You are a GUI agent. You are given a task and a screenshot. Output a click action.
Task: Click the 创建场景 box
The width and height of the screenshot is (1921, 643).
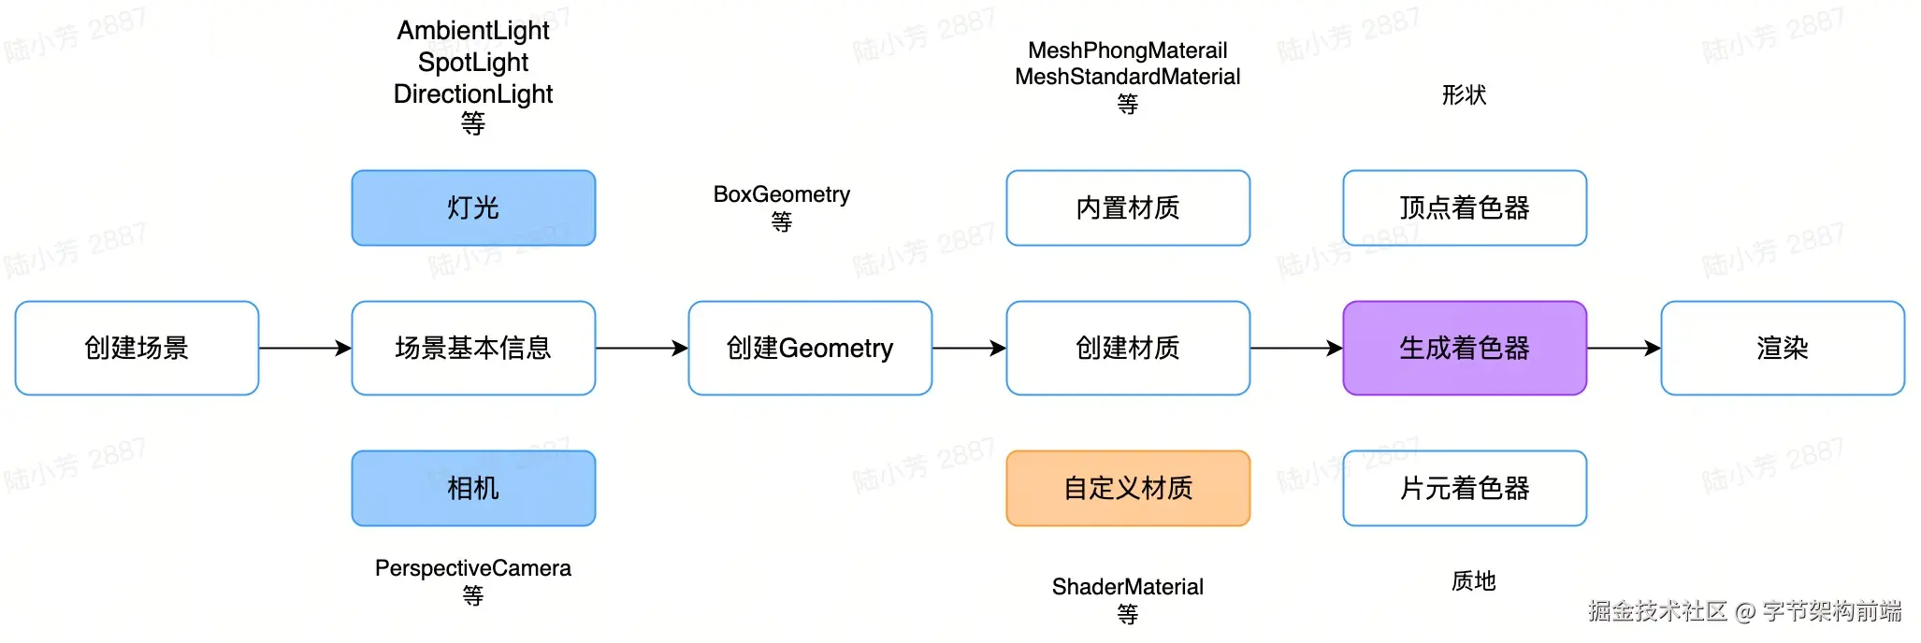pos(137,348)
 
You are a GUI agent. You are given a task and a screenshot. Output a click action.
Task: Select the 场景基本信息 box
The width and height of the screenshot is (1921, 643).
pos(473,348)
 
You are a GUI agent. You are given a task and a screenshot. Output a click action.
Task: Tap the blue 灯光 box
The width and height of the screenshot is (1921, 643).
pos(473,207)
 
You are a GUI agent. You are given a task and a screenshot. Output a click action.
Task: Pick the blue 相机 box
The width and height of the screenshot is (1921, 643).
pos(473,488)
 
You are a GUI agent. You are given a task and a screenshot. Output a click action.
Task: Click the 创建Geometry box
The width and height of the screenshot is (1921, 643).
pos(810,348)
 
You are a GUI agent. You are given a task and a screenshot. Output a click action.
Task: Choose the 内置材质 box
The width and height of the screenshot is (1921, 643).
pos(1128,207)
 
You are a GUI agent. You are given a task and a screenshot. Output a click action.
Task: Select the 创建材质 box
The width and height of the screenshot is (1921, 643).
pos(1128,348)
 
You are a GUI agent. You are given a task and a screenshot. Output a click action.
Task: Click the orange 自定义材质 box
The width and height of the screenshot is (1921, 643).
pos(1128,488)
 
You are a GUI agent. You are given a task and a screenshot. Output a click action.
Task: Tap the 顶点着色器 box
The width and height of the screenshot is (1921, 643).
pos(1465,207)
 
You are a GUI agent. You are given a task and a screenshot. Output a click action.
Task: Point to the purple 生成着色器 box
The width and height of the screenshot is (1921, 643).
pos(1465,348)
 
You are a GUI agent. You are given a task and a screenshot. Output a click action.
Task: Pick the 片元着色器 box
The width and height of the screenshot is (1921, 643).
pos(1465,488)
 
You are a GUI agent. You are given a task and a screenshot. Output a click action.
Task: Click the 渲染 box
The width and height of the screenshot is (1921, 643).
pos(1783,348)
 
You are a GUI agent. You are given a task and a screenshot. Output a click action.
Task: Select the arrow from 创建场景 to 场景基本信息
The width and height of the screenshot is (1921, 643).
pos(305,348)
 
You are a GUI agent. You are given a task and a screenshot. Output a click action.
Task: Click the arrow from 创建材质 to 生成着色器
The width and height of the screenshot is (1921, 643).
pos(1296,348)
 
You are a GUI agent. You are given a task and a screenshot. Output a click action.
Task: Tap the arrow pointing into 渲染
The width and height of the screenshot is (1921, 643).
pos(1624,348)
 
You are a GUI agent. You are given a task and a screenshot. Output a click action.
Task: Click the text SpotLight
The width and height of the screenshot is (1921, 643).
pos(473,63)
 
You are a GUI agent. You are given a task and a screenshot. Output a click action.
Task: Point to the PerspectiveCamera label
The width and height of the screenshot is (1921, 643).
pos(473,568)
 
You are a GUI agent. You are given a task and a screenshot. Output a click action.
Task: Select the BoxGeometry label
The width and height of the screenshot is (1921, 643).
pos(782,194)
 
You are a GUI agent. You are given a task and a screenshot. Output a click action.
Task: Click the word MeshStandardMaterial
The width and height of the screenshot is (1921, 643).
pos(1128,77)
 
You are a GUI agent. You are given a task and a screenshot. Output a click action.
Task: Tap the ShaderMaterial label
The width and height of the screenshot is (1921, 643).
pos(1128,587)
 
